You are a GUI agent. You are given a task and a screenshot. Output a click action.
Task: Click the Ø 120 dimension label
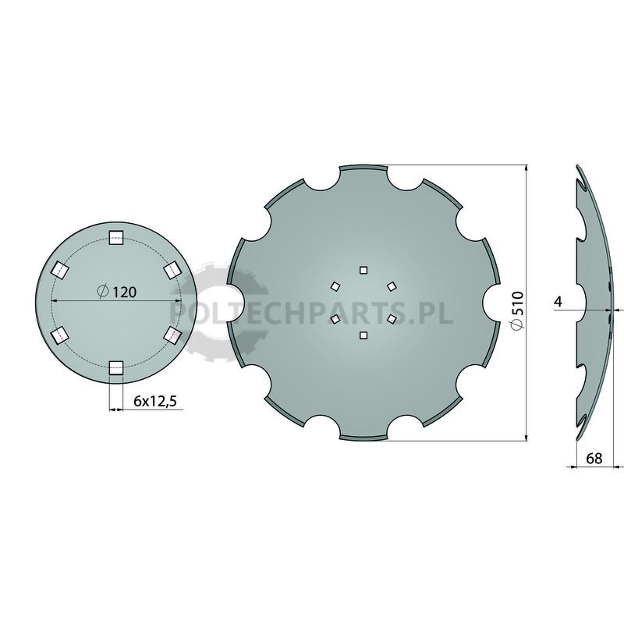(116, 292)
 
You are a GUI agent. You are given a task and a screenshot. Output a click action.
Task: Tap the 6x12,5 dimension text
(154, 402)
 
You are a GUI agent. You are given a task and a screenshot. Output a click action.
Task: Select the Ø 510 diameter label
(517, 310)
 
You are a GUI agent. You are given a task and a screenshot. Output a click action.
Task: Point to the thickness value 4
(558, 302)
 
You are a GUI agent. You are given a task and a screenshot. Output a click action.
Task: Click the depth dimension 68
(594, 459)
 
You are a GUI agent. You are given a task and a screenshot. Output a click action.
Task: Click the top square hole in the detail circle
(116, 238)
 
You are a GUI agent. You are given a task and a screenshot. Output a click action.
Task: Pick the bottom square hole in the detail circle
(116, 367)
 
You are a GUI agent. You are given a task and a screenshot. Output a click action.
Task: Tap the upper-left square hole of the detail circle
(60, 270)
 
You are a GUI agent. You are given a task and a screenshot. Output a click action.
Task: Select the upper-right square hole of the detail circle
(172, 270)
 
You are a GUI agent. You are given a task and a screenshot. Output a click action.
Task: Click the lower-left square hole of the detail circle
(60, 335)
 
